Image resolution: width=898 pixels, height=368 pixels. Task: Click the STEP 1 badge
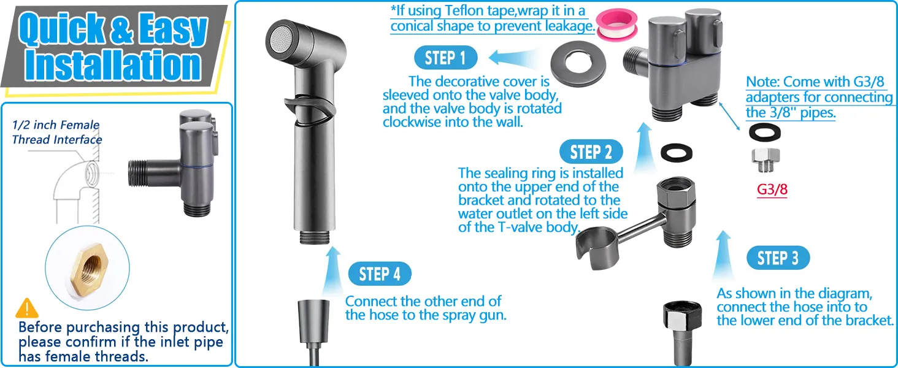click(445, 58)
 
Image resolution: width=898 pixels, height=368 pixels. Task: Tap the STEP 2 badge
click(591, 152)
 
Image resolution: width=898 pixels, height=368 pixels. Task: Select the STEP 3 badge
click(778, 258)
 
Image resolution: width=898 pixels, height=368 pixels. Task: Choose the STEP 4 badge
click(380, 274)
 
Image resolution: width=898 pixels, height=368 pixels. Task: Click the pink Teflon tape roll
click(616, 24)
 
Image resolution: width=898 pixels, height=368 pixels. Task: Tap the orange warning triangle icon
click(27, 308)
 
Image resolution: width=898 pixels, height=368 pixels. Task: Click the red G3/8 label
click(772, 189)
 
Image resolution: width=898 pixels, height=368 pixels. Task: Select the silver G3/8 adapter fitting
click(766, 159)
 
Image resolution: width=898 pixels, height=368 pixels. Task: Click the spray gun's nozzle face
click(279, 40)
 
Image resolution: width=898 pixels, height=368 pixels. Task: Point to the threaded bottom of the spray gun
click(315, 237)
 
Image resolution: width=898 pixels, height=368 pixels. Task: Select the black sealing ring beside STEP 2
click(677, 152)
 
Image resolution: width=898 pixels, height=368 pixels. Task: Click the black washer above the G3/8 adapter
click(765, 132)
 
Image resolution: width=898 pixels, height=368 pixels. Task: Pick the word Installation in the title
click(113, 66)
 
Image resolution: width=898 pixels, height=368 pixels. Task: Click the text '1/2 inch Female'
click(56, 125)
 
